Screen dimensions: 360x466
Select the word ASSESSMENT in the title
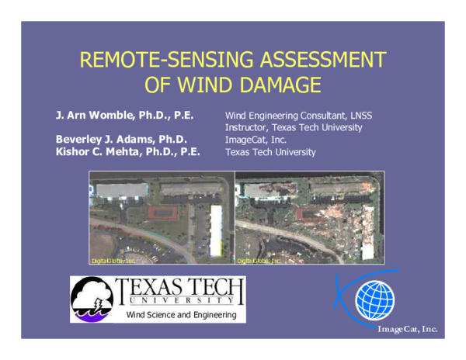tap(320, 61)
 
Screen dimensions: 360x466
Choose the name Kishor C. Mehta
tap(128, 152)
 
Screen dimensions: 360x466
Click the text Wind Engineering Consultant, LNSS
tap(294, 115)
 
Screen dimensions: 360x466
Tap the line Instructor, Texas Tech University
tap(294, 127)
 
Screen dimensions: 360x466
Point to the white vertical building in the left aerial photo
tap(217, 231)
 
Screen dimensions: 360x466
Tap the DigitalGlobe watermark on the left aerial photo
tap(108, 260)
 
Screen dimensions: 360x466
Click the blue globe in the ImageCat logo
tap(374, 301)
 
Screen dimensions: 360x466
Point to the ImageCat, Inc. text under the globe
tap(407, 330)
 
